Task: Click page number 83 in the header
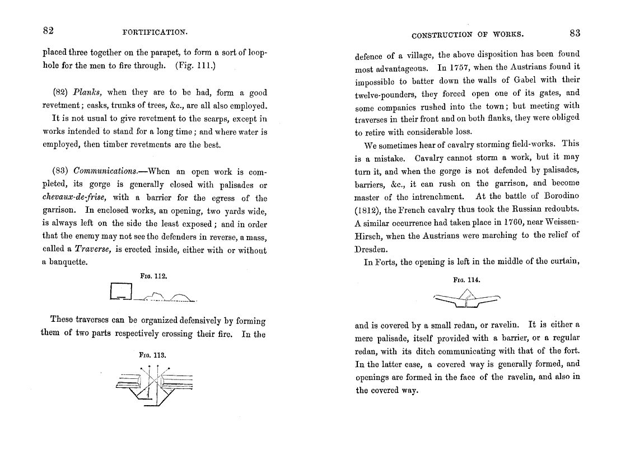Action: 575,33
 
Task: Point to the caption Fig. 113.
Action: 153,355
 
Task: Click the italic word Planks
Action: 86,93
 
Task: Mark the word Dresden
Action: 371,249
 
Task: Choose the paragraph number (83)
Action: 60,171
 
